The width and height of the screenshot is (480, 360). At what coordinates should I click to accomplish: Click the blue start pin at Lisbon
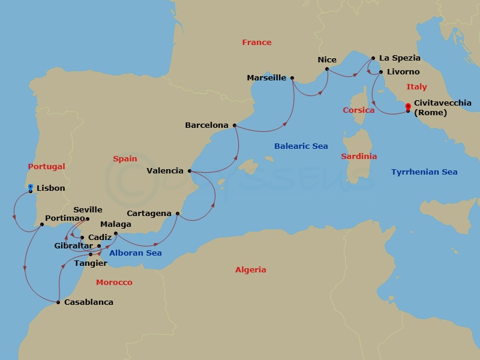[x=31, y=188]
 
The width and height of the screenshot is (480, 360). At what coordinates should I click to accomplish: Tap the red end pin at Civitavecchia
[x=408, y=107]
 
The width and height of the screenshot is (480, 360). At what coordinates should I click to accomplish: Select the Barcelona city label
[x=206, y=125]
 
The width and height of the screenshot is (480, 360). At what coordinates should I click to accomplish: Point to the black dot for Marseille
[x=292, y=78]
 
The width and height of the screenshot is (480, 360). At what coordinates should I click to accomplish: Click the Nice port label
[x=327, y=59]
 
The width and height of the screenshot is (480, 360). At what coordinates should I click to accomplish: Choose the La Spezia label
[x=400, y=58]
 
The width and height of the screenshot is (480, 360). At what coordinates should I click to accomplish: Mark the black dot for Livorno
[x=381, y=72]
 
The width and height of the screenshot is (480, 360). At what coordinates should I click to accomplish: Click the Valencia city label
[x=165, y=170]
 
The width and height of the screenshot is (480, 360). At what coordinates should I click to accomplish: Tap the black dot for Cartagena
[x=178, y=213]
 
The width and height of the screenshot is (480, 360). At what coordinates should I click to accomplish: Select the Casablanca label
[x=88, y=302]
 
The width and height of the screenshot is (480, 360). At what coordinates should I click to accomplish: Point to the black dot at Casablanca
[x=58, y=302]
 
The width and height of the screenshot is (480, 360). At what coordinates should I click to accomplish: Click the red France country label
[x=257, y=42]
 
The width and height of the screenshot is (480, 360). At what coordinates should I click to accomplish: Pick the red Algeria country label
[x=250, y=270]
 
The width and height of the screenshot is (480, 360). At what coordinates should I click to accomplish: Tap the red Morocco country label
[x=114, y=282]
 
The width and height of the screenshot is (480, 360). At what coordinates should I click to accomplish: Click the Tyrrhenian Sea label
[x=424, y=172]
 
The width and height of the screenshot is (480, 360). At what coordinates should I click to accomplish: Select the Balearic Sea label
[x=301, y=146]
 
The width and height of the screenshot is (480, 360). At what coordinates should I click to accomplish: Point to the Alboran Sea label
[x=136, y=253]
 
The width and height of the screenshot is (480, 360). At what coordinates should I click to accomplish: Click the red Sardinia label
[x=359, y=156]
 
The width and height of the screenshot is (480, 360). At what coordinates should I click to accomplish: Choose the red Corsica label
[x=359, y=110]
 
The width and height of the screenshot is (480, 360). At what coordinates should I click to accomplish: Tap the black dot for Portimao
[x=41, y=225]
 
